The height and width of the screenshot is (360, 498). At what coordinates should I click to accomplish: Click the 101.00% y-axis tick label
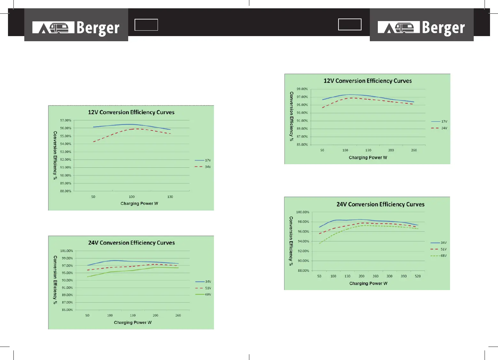66,251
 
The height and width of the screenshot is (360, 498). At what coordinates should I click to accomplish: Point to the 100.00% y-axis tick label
302,212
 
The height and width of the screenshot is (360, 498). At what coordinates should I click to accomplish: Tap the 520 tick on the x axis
418,276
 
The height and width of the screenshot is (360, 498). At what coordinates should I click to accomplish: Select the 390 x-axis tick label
404,276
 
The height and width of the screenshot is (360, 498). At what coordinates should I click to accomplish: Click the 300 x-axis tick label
389,276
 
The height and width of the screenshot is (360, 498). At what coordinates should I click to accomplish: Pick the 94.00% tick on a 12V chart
66,144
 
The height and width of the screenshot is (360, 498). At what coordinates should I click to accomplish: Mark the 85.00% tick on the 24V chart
67,310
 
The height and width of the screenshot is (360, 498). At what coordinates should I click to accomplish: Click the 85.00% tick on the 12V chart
302,145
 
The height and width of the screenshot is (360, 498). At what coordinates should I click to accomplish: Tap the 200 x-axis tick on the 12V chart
391,150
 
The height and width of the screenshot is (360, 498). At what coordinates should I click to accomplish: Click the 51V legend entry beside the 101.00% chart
203,288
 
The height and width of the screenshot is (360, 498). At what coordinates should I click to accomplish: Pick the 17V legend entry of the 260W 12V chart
439,122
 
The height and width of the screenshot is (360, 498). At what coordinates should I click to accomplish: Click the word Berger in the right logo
443,28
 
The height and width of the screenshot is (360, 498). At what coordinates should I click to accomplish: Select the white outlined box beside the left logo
146,25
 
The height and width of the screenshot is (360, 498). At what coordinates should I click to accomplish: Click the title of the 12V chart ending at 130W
131,112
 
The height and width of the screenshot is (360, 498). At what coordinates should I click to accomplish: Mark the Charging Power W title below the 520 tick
368,284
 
